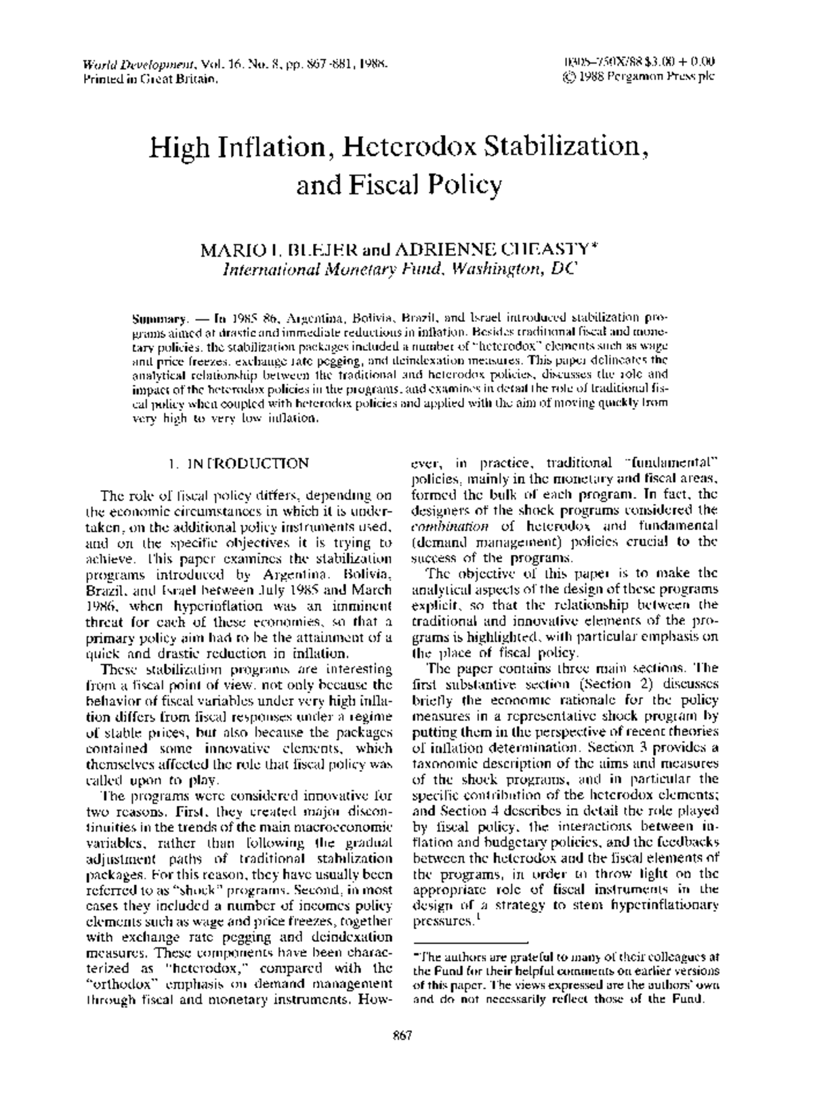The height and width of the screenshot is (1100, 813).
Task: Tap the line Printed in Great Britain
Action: pos(150,79)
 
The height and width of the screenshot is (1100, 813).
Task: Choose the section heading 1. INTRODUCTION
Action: pos(238,464)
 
